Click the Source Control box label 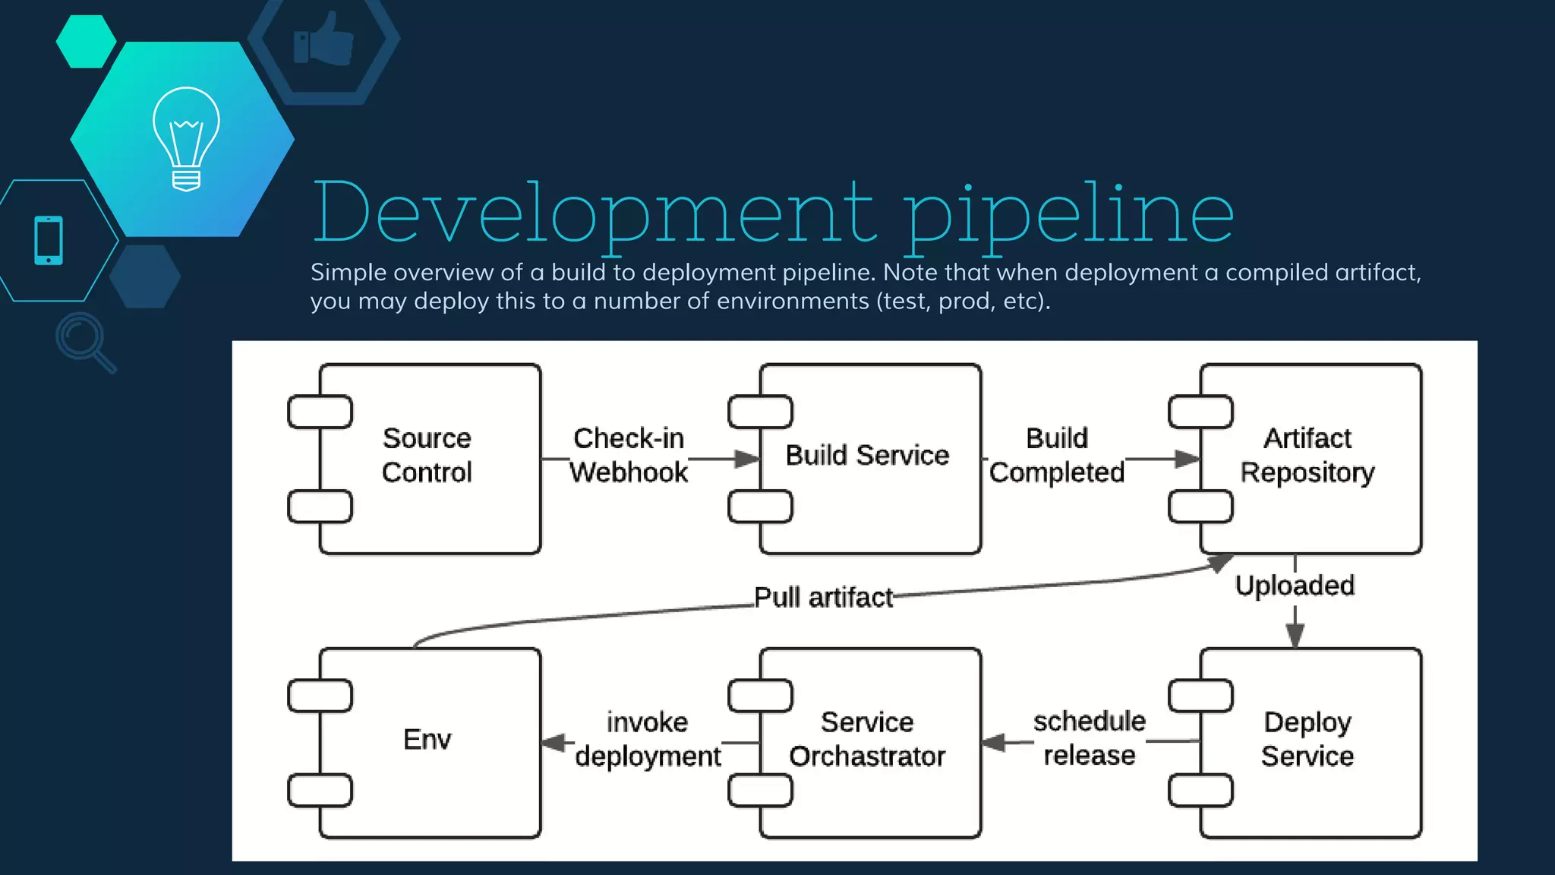[427, 455]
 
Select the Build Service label [867, 455]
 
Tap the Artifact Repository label [1307, 455]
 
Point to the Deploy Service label [1307, 739]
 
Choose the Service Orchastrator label [867, 739]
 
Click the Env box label [427, 739]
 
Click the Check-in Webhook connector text [629, 455]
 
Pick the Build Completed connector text [1056, 455]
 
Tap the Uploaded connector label [1295, 586]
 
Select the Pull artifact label [823, 598]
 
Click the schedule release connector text [1089, 738]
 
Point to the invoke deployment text [647, 739]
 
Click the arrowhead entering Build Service [747, 459]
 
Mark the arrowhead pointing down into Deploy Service [1295, 636]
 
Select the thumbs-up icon [323, 39]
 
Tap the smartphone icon [49, 240]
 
